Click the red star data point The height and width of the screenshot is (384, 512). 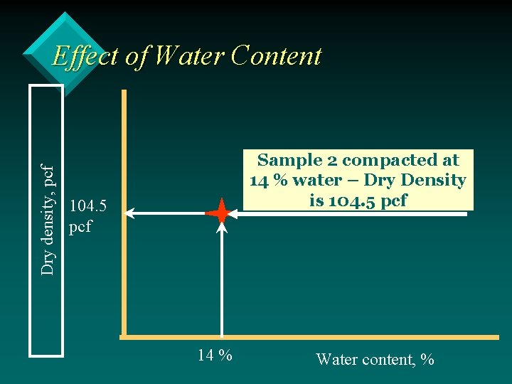221,213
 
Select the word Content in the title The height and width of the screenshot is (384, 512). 276,55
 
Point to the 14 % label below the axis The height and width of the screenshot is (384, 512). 215,355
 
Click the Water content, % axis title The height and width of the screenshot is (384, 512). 375,359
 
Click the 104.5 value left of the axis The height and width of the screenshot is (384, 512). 89,206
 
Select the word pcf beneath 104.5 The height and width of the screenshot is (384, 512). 81,228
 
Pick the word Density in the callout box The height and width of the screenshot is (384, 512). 433,180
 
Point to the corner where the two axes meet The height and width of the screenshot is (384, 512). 124,334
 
